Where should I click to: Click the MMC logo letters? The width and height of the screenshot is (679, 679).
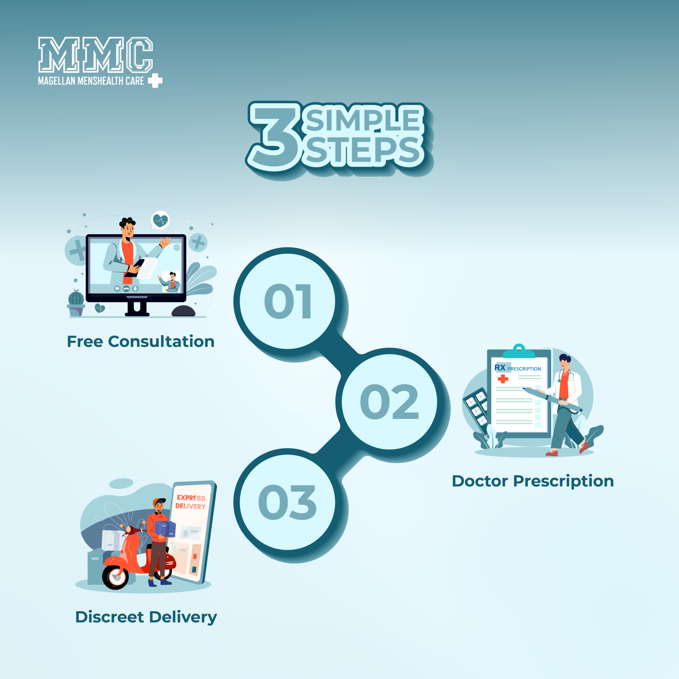[95, 55]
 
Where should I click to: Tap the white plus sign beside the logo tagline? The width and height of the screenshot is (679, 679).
[155, 81]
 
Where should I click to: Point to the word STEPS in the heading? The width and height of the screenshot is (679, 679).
[363, 151]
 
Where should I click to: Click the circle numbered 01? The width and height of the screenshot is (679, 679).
[288, 301]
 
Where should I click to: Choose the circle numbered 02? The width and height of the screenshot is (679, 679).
[390, 401]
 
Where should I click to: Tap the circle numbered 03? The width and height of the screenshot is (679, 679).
[288, 502]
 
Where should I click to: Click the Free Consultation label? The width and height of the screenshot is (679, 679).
[141, 342]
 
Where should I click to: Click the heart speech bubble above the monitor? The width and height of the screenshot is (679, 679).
[160, 220]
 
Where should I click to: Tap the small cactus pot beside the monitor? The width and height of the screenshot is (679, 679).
[76, 303]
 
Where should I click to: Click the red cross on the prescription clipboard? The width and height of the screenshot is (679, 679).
[503, 379]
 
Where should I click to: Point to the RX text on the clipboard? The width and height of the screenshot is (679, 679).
[500, 368]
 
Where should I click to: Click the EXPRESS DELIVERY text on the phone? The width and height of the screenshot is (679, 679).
[191, 502]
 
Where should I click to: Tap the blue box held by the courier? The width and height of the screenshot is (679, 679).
[165, 529]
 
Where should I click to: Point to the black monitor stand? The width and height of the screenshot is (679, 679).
[137, 308]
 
